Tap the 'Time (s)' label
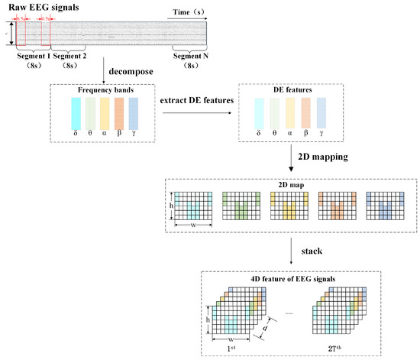coord(187,14)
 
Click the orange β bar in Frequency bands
coord(118,113)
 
